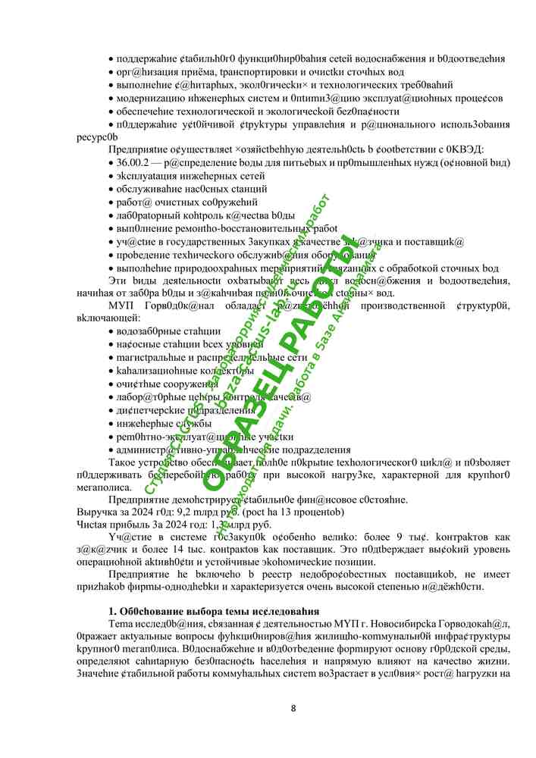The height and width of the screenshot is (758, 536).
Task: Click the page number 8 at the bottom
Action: [x=293, y=709]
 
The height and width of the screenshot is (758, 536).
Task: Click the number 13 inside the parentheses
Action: [x=296, y=512]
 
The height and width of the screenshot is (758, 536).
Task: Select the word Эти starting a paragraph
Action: [x=118, y=280]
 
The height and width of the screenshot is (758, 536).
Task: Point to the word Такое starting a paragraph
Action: [x=124, y=462]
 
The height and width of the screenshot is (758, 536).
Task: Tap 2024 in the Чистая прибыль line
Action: [x=184, y=524]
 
